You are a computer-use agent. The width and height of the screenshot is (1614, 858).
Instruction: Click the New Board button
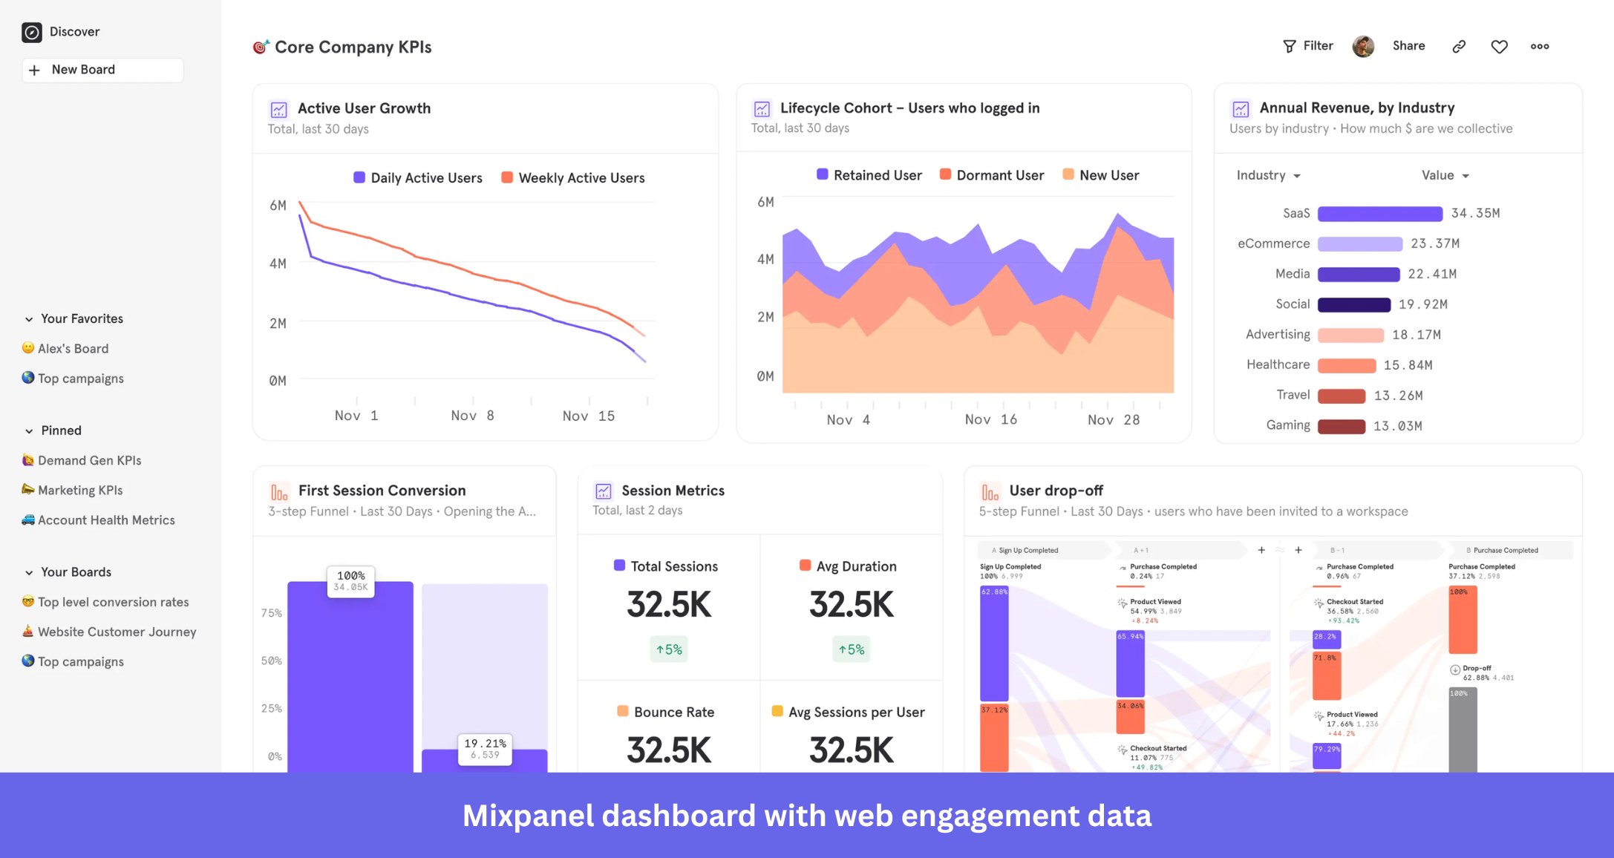coord(102,70)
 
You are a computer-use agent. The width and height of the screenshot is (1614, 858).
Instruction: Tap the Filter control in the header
coord(1308,46)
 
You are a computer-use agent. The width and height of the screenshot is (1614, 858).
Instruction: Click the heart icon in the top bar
coord(1499,47)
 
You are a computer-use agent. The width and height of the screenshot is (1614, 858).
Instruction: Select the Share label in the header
coord(1408,46)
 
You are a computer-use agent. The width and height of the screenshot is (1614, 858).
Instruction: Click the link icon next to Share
coord(1459,47)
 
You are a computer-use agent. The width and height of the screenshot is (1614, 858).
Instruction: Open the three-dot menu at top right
coord(1540,47)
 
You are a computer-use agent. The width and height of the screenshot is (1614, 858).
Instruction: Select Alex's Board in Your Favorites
coord(73,349)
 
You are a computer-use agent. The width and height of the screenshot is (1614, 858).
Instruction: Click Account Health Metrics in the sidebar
coord(106,520)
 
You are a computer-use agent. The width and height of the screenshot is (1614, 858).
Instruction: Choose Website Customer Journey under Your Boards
coord(117,632)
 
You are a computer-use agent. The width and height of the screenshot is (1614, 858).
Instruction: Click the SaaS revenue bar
coord(1379,214)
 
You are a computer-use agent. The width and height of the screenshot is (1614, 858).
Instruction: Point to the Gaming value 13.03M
coord(1397,426)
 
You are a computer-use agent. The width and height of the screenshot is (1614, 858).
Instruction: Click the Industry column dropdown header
coord(1268,176)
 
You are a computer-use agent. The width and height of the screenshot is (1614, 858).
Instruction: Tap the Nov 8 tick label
coord(472,416)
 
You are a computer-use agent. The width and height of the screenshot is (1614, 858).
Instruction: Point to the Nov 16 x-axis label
coord(990,420)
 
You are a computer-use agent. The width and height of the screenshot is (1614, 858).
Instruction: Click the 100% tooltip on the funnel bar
coord(351,581)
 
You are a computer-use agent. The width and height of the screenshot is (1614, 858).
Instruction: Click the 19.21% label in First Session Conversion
coord(485,748)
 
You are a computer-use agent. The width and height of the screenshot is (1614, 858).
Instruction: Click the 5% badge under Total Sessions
coord(669,649)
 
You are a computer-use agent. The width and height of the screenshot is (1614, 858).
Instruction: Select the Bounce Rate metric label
coord(673,713)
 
